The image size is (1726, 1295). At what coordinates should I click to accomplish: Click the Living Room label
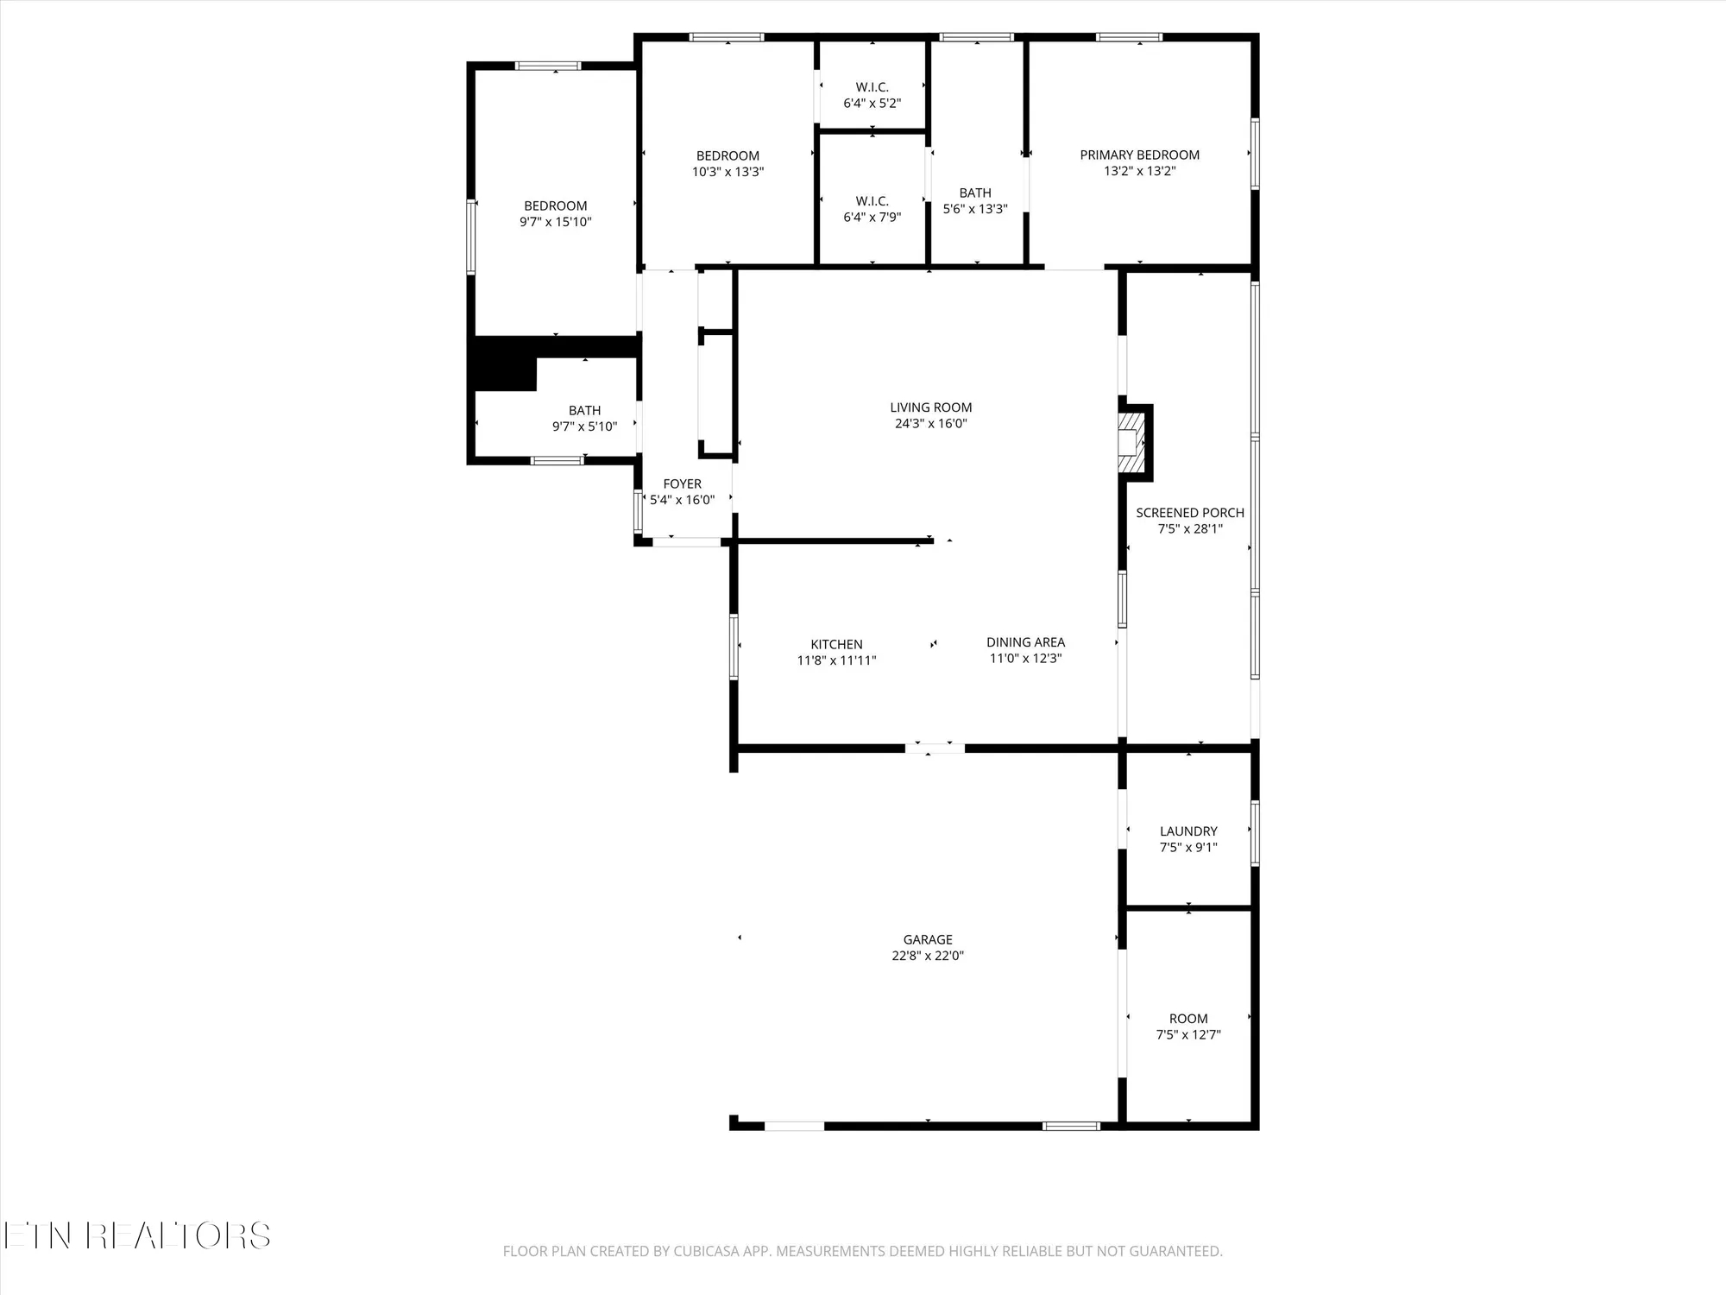point(930,407)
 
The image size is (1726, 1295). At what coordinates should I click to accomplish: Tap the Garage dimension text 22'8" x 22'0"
point(928,956)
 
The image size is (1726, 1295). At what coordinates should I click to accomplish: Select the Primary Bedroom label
point(1139,155)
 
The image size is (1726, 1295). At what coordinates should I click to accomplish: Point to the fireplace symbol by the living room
point(1131,443)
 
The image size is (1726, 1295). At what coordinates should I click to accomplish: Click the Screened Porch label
point(1189,513)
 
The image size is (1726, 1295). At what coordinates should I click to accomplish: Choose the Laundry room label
point(1188,831)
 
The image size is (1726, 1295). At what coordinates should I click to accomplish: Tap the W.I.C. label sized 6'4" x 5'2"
point(872,87)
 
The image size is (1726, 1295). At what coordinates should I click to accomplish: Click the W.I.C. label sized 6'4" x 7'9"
point(872,201)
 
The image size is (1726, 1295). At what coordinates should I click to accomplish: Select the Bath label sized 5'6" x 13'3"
point(975,193)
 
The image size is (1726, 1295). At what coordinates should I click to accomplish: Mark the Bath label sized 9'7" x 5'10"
point(584,411)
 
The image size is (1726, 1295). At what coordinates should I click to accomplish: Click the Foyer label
point(682,484)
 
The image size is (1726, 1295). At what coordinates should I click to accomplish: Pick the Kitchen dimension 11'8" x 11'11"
point(836,660)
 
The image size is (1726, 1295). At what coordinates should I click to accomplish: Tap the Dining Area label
point(1025,642)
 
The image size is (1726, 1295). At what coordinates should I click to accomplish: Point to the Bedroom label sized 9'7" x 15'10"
point(555,206)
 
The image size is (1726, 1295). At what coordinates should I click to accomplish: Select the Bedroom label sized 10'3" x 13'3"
point(728,156)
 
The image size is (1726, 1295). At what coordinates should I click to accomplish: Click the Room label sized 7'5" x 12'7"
point(1188,1019)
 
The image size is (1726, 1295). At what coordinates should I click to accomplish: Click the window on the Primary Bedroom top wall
point(1129,37)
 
